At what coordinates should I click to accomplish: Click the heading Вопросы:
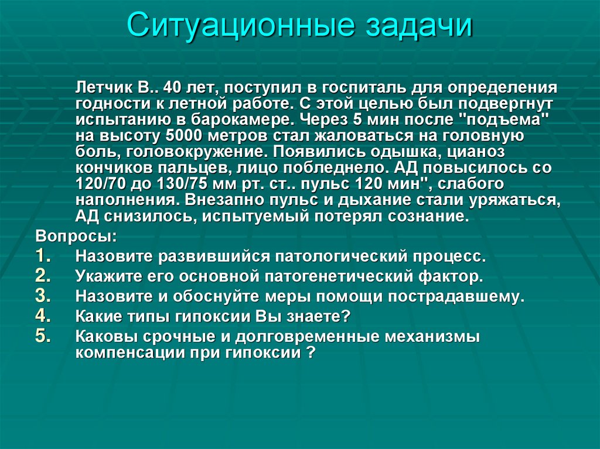67,238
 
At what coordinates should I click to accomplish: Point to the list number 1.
46,256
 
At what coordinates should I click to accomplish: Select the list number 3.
46,296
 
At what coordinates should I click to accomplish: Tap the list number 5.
46,336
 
